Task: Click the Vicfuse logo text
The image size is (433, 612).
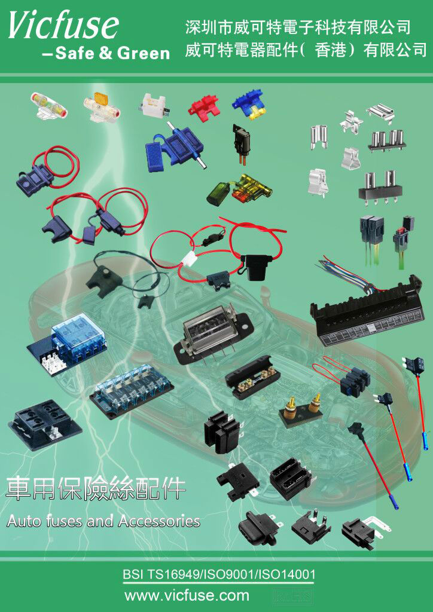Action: (63, 25)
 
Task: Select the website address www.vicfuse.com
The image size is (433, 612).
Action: (187, 596)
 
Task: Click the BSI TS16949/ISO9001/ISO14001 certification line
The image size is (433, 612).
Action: (219, 574)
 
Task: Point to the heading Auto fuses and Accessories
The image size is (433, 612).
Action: (103, 521)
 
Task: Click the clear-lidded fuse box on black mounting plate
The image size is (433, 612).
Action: (211, 333)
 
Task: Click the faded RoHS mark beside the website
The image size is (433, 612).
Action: (289, 596)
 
